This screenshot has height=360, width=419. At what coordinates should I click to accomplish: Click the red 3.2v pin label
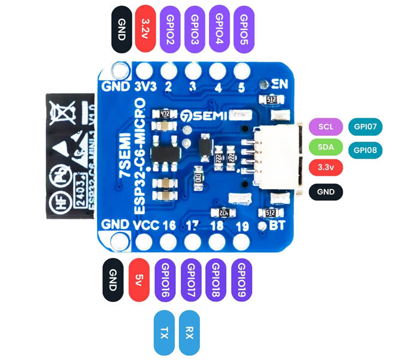[145, 28]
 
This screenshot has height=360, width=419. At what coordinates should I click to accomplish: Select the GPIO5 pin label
[244, 28]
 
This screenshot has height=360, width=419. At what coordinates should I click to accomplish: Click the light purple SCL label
[326, 127]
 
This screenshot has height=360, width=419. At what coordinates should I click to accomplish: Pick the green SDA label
[326, 147]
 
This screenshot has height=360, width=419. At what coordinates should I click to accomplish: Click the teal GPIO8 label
[365, 150]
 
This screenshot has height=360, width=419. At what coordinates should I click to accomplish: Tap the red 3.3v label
[326, 168]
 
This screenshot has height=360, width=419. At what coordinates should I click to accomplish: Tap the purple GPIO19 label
[241, 279]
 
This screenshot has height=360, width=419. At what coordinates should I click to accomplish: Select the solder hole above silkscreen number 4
[217, 70]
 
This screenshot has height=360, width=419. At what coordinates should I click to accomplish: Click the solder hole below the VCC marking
[144, 242]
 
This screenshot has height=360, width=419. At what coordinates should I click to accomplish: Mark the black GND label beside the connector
[326, 192]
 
